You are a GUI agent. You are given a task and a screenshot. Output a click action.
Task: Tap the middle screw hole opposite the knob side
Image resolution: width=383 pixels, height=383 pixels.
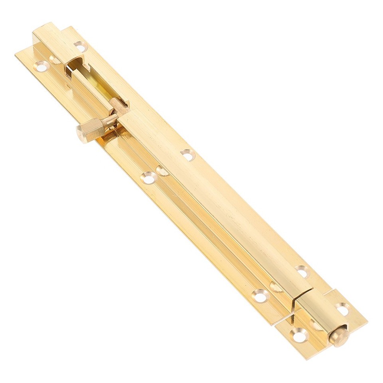(187, 154)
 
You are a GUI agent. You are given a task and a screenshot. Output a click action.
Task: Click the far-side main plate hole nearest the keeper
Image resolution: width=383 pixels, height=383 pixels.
(302, 271)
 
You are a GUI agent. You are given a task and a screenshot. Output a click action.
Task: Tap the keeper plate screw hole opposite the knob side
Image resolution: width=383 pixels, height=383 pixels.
(342, 309)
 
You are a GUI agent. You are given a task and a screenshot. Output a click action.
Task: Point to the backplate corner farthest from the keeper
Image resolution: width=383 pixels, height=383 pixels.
(16, 53)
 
